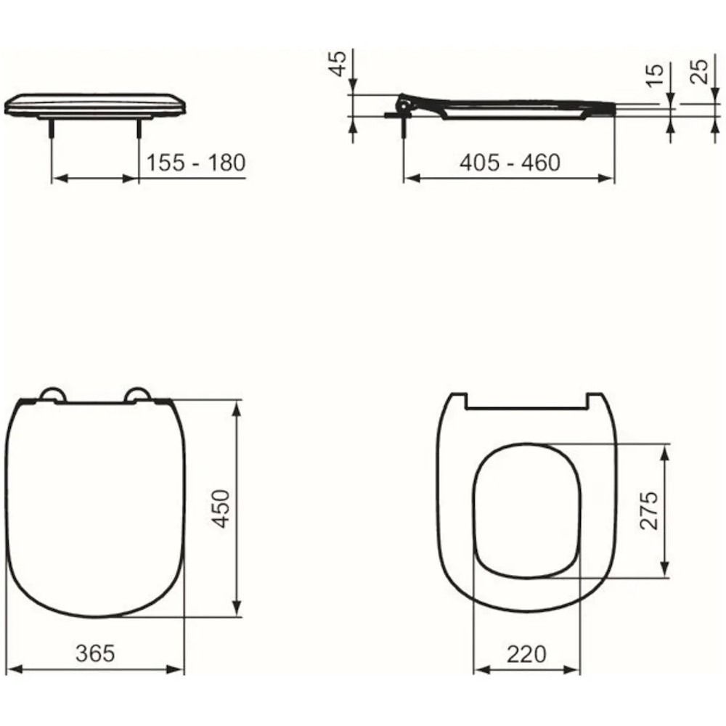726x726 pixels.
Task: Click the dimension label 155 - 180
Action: click(196, 163)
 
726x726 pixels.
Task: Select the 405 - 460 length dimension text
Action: click(510, 163)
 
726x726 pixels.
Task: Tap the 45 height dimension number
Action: click(339, 63)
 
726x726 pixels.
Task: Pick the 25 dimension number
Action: click(699, 71)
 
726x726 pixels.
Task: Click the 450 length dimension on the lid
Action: click(221, 508)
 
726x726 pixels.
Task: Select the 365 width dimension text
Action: click(95, 653)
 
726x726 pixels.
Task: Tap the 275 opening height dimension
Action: click(648, 510)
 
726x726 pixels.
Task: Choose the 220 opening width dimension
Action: click(526, 654)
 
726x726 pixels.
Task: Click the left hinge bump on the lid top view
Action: click(52, 394)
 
